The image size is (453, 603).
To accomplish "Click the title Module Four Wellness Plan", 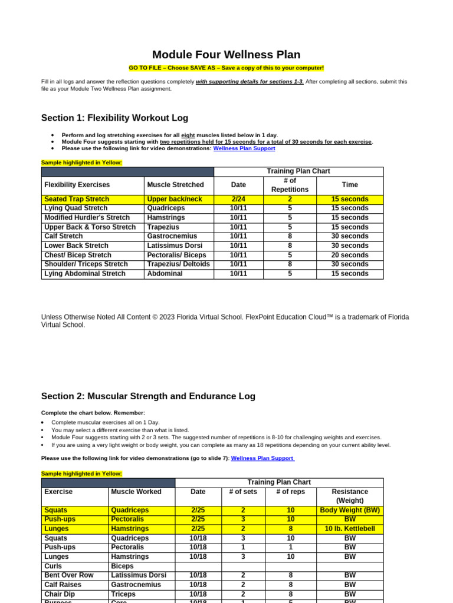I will tap(226, 54).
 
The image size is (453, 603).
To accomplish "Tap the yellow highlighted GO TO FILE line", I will tap(226, 68).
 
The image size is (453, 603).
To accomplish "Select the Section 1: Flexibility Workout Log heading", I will tap(114, 118).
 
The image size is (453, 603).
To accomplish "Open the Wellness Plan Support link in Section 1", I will tap(244, 148).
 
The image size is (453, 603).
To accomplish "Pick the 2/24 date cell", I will tap(238, 199).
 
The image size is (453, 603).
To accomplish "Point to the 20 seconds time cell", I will tap(349, 255).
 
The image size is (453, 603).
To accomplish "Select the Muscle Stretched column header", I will tap(175, 185).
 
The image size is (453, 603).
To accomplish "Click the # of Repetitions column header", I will tap(289, 185).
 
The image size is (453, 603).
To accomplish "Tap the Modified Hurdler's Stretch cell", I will tap(87, 217).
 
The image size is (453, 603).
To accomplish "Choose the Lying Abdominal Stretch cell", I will tap(85, 274).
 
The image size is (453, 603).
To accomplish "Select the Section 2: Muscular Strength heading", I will tap(148, 396).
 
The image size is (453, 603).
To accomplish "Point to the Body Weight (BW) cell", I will tap(349, 510).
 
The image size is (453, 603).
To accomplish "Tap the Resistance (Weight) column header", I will tap(349, 496).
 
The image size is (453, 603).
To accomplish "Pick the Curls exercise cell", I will tap(54, 566).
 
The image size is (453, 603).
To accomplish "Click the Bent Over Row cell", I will tap(68, 575).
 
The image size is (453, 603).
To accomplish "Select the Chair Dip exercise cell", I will tap(60, 594).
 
